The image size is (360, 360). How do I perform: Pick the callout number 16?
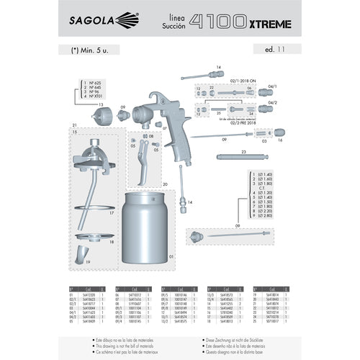click(x=280, y=140)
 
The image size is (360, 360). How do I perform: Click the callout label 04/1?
click(x=272, y=86)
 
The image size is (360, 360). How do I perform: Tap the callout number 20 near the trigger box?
click(x=165, y=184)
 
